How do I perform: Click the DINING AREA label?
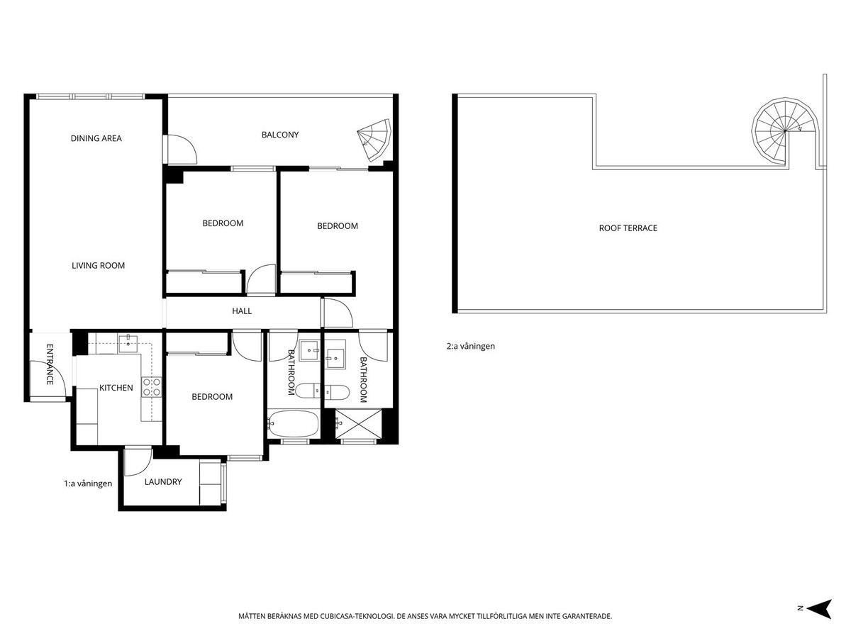click(x=96, y=138)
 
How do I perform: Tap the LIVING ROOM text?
click(x=98, y=266)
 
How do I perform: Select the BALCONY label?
click(x=280, y=135)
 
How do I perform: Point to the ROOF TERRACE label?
click(x=628, y=228)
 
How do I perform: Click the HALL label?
click(x=242, y=311)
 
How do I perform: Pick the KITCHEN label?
click(x=116, y=388)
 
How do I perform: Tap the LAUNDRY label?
click(x=163, y=482)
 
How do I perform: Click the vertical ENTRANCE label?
click(x=50, y=364)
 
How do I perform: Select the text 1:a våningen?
click(x=88, y=483)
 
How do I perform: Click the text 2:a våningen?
click(x=470, y=347)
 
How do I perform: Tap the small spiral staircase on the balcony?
click(x=374, y=138)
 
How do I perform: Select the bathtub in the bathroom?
click(x=294, y=424)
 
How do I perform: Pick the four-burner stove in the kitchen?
click(x=152, y=386)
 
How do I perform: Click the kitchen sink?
click(x=128, y=344)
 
